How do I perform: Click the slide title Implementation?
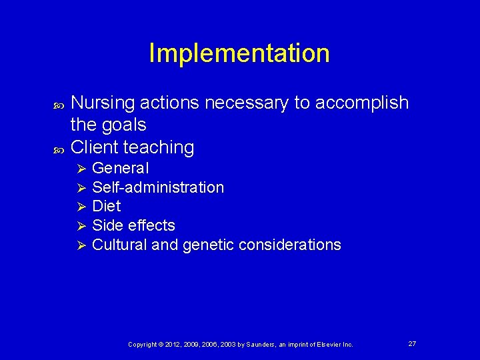tap(239, 53)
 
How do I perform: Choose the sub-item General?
tap(120, 168)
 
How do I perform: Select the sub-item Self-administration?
tap(158, 187)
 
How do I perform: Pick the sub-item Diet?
tap(106, 207)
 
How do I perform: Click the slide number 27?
tap(412, 343)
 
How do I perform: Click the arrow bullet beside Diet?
tap(81, 207)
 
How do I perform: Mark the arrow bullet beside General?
tap(81, 168)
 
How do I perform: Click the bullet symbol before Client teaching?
tap(56, 147)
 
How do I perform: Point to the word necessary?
tap(248, 103)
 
